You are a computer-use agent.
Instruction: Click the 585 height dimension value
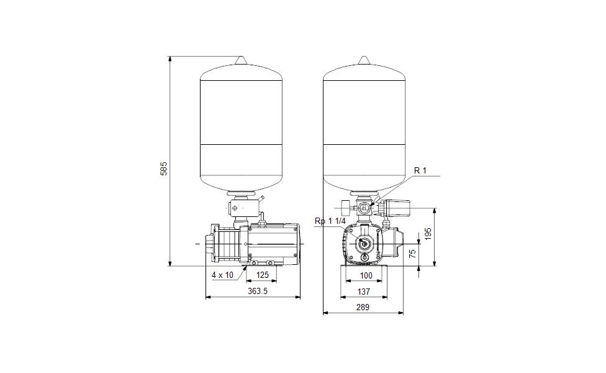point(163,168)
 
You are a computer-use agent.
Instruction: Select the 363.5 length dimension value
point(258,291)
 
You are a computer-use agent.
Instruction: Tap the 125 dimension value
point(263,275)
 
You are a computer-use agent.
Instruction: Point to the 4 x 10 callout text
point(222,275)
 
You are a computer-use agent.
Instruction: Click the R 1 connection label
point(420,170)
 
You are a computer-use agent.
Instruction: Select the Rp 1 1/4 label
point(330,221)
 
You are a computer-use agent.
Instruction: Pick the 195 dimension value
point(428,234)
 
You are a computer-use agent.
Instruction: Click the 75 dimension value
point(412,254)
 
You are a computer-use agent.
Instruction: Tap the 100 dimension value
point(366,275)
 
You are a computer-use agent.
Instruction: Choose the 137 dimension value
point(364,292)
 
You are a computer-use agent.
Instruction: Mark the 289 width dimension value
point(363,307)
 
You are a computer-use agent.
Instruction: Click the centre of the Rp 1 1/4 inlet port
point(364,243)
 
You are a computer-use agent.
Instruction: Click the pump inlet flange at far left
point(210,243)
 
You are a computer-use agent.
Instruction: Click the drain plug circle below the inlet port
point(364,257)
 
